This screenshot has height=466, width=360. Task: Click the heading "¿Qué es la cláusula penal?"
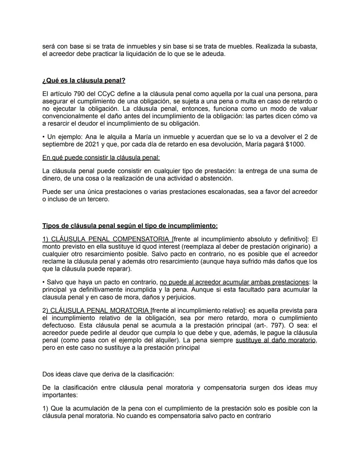[x=84, y=81]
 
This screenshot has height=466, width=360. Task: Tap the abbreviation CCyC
[x=106, y=94]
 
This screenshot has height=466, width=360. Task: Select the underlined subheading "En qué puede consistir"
[x=101, y=157]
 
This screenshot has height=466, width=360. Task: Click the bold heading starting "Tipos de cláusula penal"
[x=130, y=226]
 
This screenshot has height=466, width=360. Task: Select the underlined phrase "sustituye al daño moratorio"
[x=276, y=341]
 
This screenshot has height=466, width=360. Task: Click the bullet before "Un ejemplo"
[x=44, y=137]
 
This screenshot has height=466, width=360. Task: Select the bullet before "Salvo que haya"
[x=44, y=282]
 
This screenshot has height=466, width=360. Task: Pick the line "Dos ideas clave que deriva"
[x=108, y=374]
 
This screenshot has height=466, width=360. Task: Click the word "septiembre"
[x=58, y=145]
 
